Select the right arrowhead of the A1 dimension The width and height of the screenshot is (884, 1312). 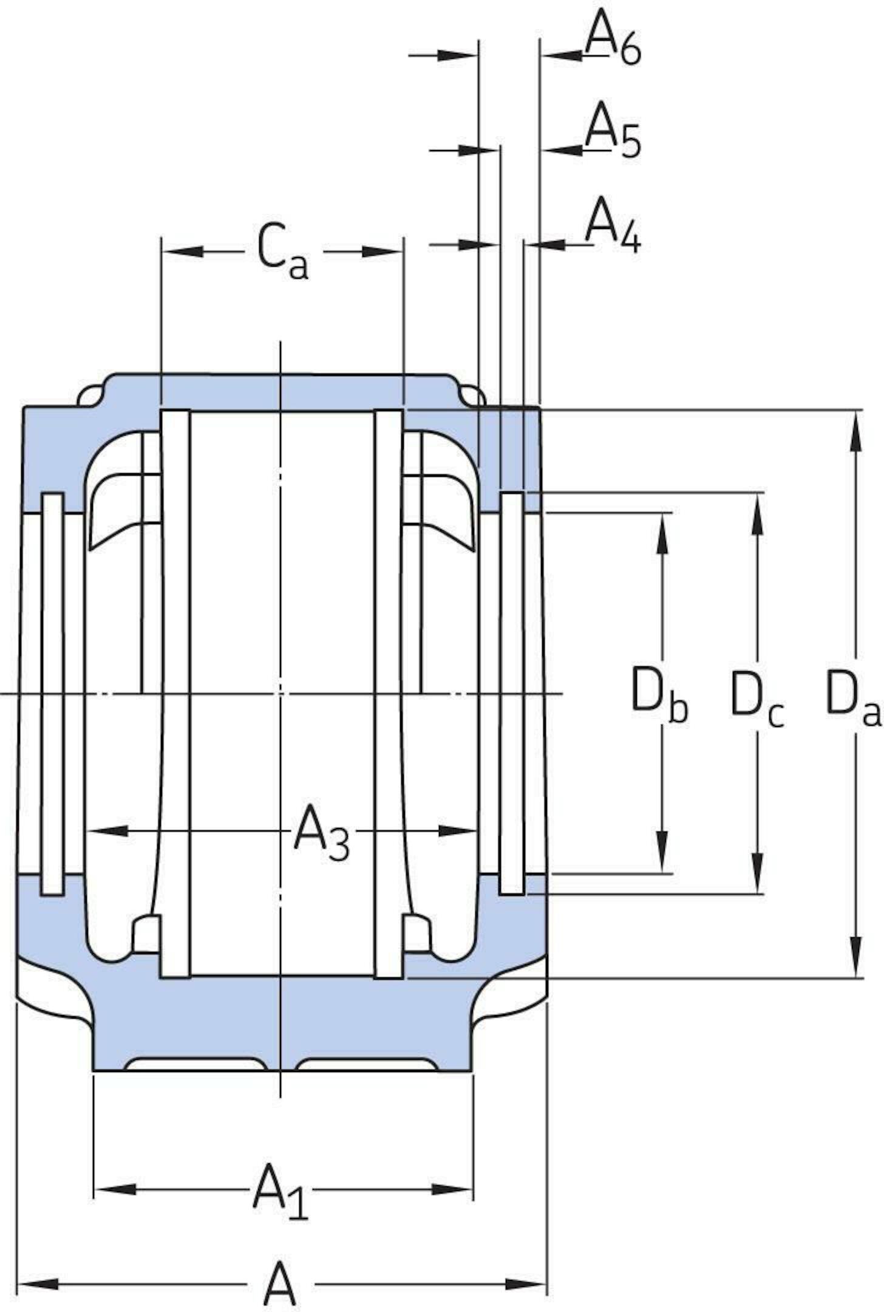452,1189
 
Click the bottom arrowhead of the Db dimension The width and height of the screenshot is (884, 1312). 662,853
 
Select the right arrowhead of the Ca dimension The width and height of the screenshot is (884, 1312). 382,251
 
